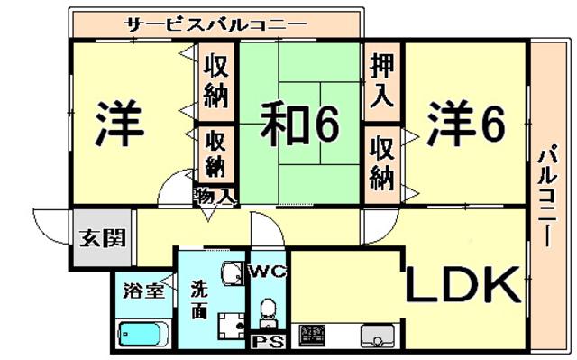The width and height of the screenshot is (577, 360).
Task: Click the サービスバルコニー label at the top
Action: click(x=215, y=24)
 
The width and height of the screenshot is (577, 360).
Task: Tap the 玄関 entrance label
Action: click(x=103, y=238)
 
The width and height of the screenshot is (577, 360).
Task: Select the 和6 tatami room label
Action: click(x=299, y=125)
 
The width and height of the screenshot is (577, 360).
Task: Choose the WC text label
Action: click(x=269, y=272)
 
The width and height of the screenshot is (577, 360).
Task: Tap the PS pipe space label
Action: click(x=268, y=343)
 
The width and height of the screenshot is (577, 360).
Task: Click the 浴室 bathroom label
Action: click(x=143, y=291)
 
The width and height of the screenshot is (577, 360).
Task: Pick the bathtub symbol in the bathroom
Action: click(x=143, y=334)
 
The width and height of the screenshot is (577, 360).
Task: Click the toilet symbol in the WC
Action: click(x=268, y=312)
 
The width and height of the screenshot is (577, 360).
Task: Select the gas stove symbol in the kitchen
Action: click(x=312, y=334)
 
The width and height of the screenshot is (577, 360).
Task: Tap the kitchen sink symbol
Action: click(x=378, y=334)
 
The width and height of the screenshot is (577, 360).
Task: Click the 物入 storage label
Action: click(x=215, y=197)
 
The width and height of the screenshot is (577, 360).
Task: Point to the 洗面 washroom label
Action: click(x=199, y=300)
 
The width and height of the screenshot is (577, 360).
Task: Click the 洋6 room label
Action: click(x=466, y=125)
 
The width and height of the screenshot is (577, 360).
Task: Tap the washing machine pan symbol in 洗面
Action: click(x=232, y=326)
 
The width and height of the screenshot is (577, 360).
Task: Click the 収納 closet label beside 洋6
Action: click(x=382, y=162)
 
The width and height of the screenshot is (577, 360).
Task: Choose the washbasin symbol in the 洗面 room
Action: click(x=233, y=273)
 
